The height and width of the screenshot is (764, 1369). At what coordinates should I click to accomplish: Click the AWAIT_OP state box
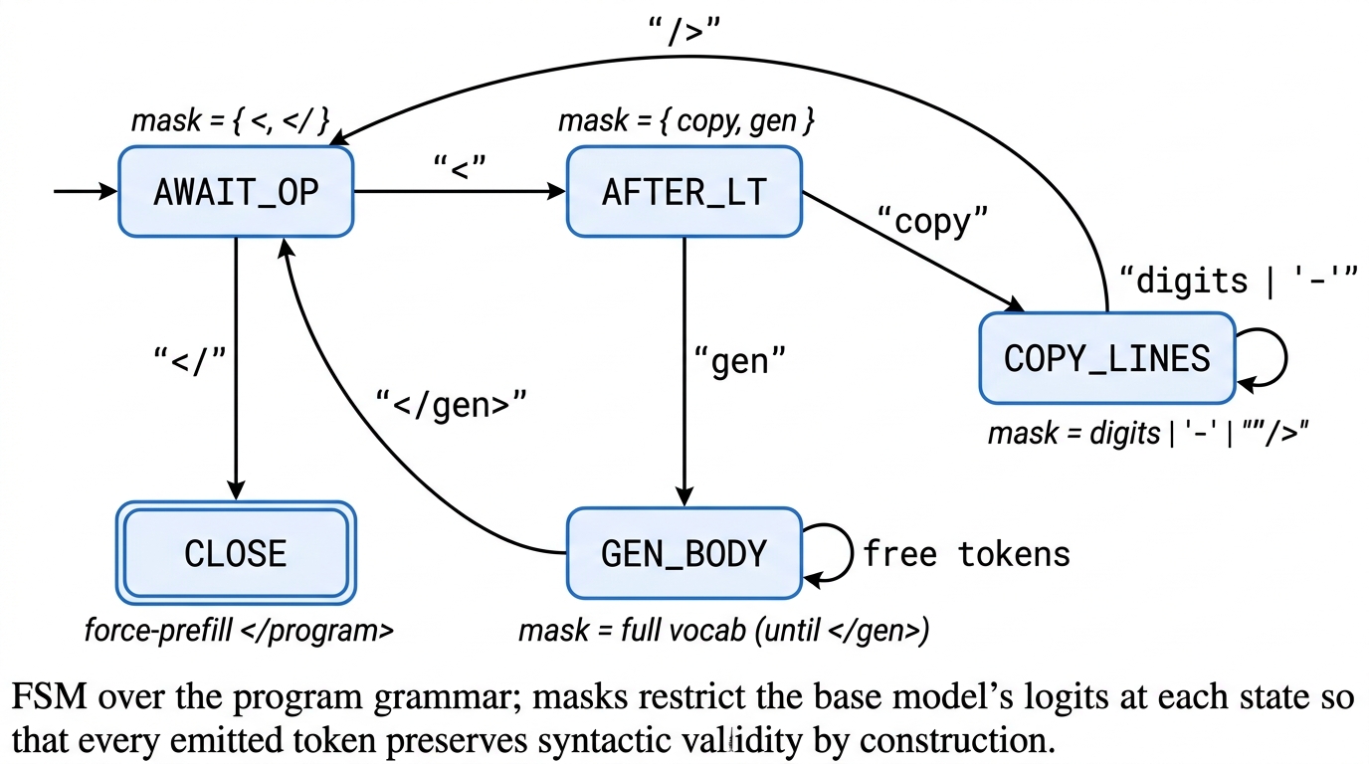point(236,192)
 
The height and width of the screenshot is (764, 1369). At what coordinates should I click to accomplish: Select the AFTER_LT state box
point(684,192)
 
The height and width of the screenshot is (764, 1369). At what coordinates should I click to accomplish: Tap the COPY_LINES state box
point(1106,358)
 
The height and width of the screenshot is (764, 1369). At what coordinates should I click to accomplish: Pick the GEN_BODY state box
point(684,553)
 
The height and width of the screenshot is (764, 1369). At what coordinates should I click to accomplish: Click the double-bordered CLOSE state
point(236,553)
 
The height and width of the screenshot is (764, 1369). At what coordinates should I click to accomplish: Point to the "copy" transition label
point(932,221)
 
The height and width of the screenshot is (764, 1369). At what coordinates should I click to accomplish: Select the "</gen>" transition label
point(451,404)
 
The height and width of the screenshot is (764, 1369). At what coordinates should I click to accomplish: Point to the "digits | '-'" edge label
point(1240,283)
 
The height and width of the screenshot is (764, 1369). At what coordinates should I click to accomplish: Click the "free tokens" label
point(966,553)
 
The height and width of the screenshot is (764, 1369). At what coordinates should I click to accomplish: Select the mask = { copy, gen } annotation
point(686,122)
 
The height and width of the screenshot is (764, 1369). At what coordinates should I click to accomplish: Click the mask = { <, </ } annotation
point(231,122)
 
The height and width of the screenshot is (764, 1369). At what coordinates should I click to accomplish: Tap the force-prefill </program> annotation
point(237,631)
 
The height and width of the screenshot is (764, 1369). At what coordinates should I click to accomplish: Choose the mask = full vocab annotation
point(723,631)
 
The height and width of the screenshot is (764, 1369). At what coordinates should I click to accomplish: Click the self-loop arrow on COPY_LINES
point(1269,358)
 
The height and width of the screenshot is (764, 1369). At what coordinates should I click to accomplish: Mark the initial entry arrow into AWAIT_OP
point(86,192)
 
